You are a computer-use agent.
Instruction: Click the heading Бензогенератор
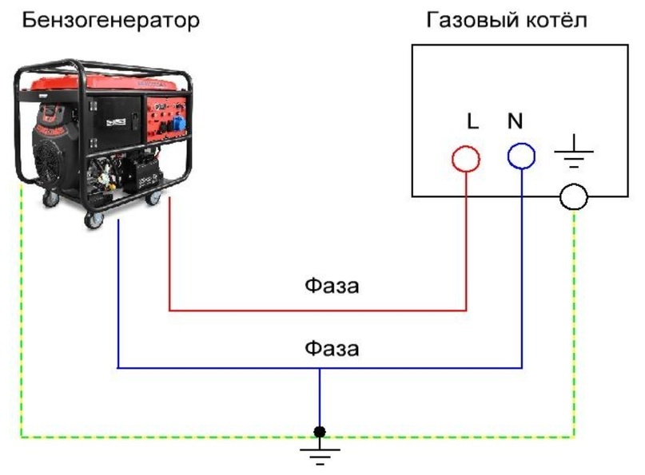coord(110,21)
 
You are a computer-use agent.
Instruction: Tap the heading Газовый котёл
coord(507,21)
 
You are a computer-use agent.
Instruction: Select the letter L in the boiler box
coord(472,121)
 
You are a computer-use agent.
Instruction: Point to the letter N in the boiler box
coord(515,121)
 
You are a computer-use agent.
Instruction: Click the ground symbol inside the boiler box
coord(574,151)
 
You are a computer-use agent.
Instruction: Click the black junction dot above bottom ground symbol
coord(320,432)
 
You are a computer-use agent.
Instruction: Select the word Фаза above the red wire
coord(332,285)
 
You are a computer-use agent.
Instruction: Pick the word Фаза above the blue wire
coord(332,348)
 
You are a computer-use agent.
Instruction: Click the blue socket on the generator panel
coord(178,124)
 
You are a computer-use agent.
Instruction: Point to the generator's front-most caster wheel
coord(94,220)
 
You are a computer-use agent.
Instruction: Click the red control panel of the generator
coord(165,120)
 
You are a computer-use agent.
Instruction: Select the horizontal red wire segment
coord(317,310)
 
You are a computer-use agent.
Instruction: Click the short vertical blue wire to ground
coord(320,398)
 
